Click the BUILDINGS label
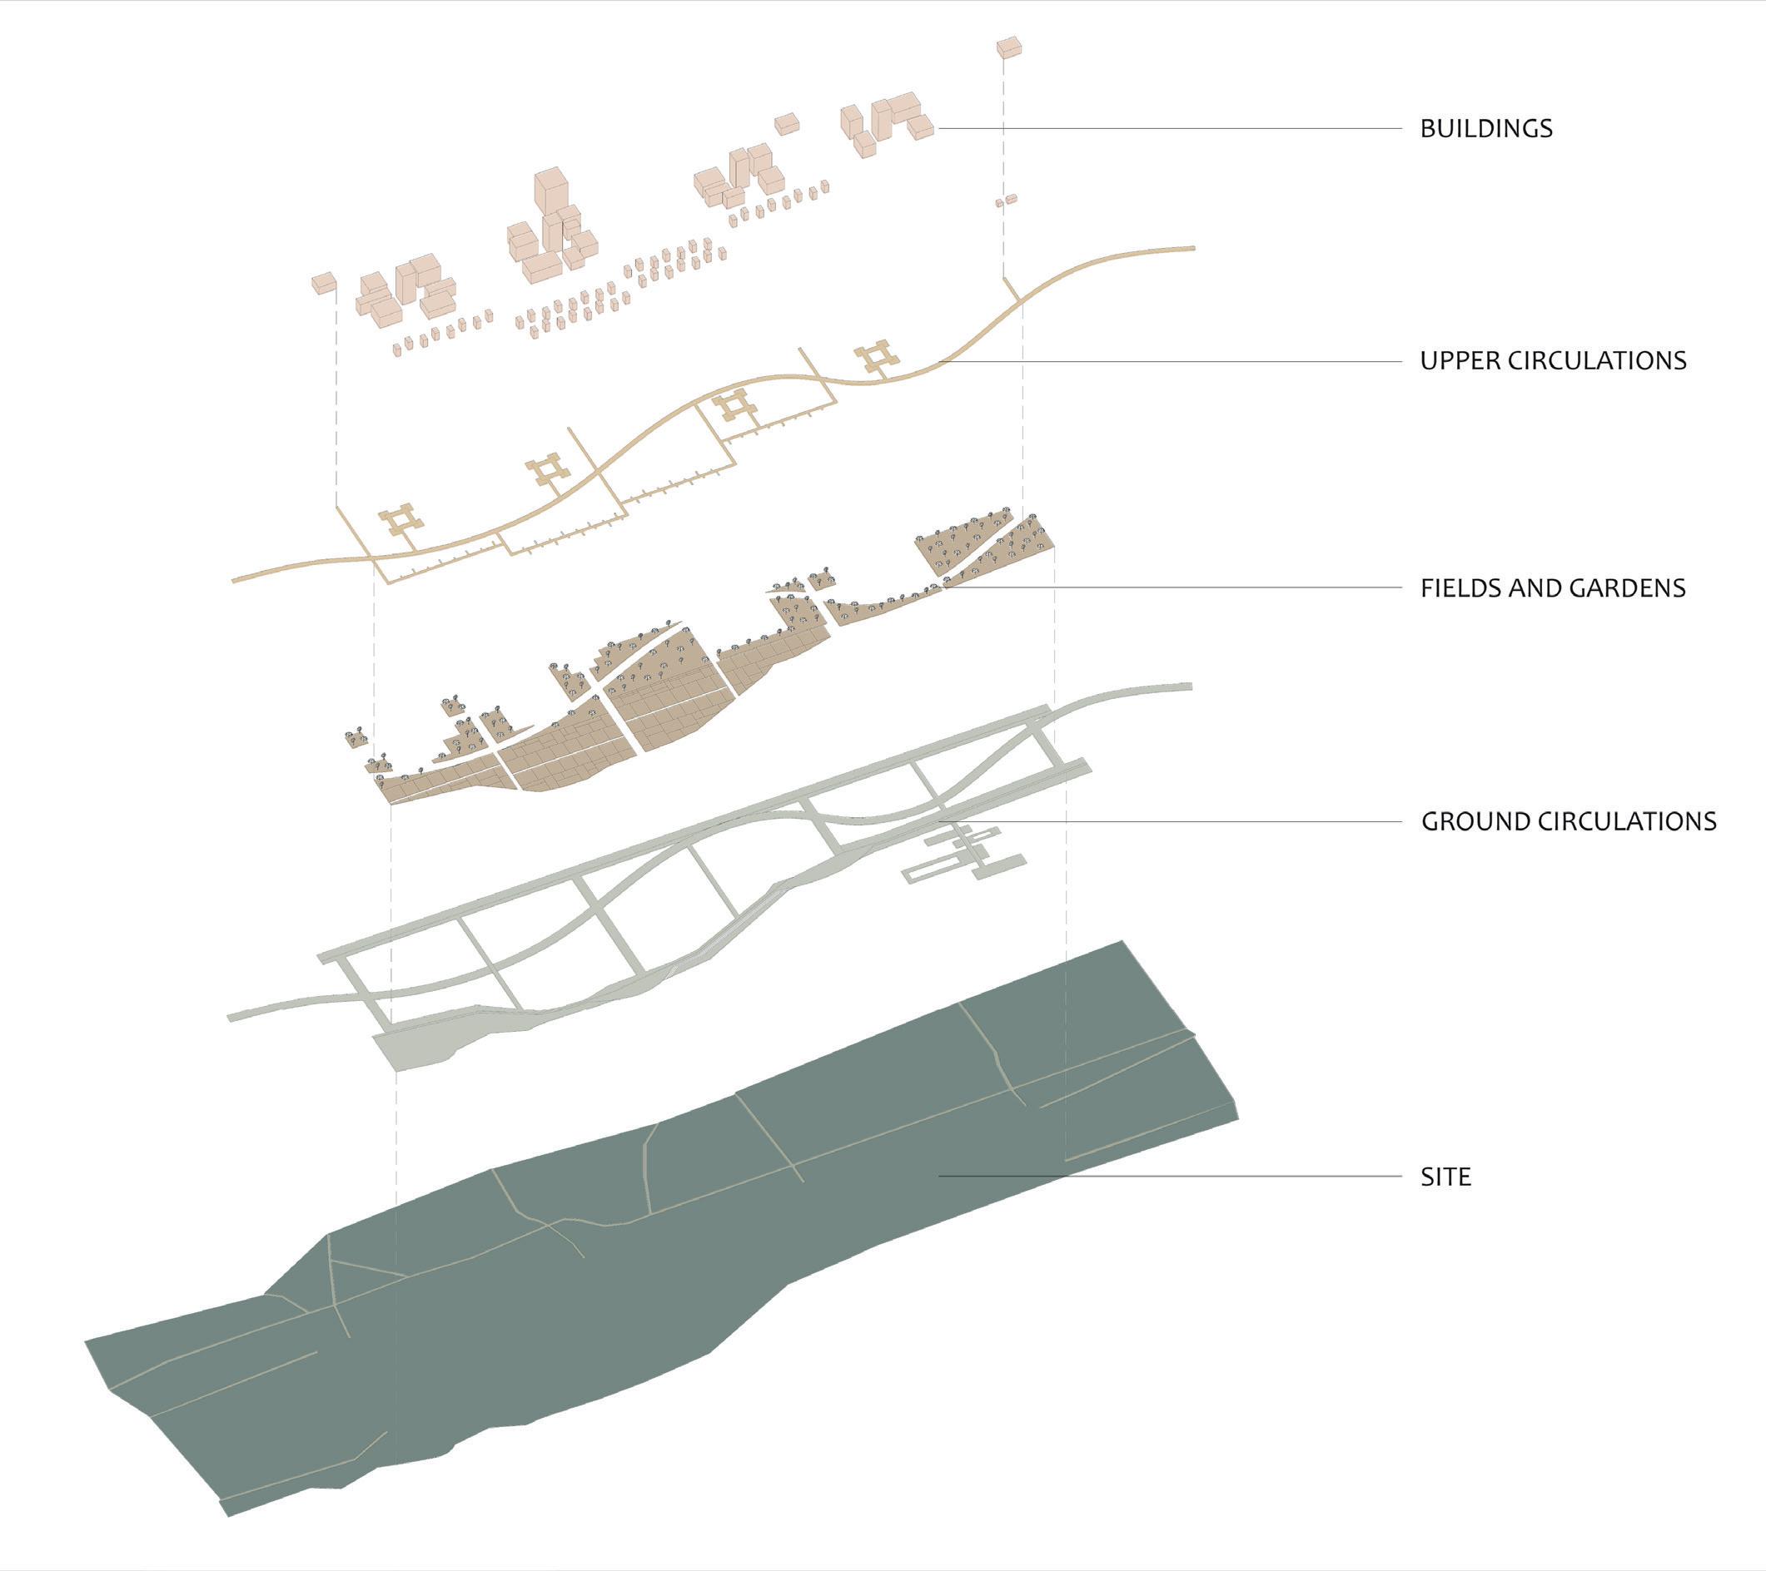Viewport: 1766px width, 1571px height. [x=1486, y=129]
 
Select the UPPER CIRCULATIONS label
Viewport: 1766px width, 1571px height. [x=1553, y=360]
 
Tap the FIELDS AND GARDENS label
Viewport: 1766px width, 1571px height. [x=1553, y=588]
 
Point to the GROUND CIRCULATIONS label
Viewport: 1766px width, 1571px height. [x=1568, y=820]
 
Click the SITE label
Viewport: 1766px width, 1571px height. [x=1445, y=1177]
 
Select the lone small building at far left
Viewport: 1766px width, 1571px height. [x=323, y=282]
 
